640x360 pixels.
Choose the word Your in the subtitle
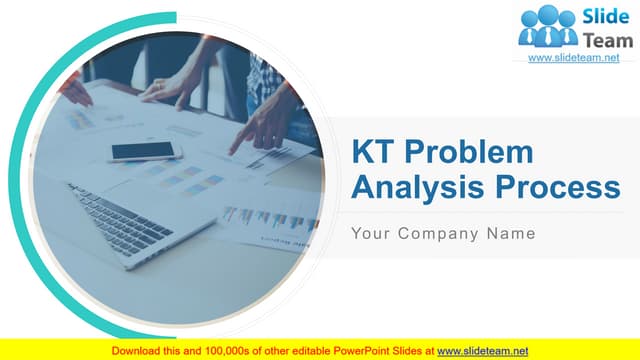pos(371,234)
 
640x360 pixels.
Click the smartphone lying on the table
pos(146,151)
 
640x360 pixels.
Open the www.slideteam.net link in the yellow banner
pos(483,350)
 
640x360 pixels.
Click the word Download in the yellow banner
pos(137,350)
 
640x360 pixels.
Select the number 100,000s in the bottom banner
pos(228,350)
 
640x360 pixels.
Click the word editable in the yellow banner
pos(316,350)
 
